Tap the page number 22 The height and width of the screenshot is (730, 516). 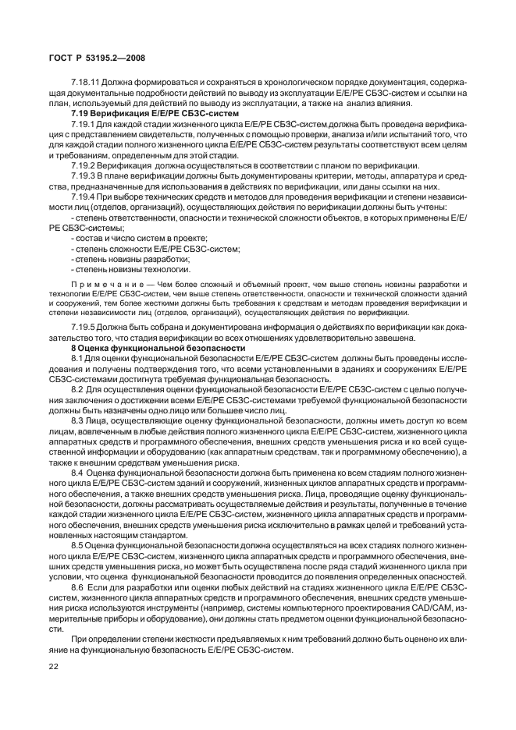click(x=55, y=667)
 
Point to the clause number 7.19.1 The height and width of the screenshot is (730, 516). click(x=82, y=125)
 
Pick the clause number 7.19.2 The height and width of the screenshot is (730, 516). click(x=82, y=167)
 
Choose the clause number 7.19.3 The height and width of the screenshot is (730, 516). click(x=82, y=177)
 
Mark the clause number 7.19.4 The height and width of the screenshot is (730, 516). click(x=82, y=198)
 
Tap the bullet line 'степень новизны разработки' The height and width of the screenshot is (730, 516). click(x=130, y=258)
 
